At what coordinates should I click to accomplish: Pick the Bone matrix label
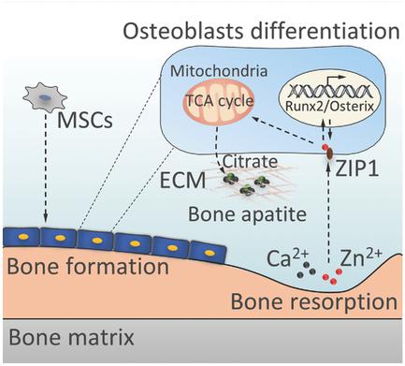click(71, 336)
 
